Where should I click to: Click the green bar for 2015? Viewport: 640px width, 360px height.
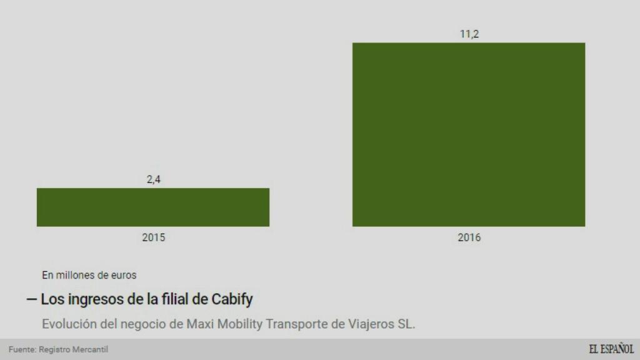tap(153, 207)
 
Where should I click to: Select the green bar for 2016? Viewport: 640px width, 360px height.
tap(469, 134)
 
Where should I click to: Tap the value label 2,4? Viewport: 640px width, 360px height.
tap(153, 180)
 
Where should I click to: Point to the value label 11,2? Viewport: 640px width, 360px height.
tap(469, 34)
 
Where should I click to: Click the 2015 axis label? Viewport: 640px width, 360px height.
tap(153, 237)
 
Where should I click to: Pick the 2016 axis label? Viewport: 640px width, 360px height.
tap(469, 237)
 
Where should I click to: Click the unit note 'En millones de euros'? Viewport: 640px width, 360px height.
tap(89, 274)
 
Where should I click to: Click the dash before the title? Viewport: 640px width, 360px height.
tap(31, 300)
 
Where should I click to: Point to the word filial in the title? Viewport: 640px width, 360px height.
tap(172, 299)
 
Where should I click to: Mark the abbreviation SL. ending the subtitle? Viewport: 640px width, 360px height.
tap(406, 324)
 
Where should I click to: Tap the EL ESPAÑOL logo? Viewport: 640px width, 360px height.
tap(611, 349)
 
